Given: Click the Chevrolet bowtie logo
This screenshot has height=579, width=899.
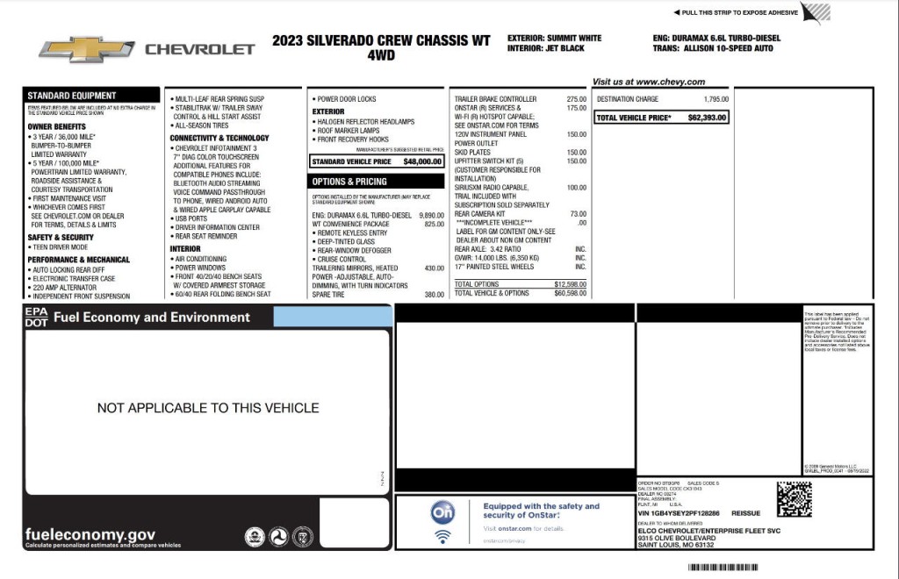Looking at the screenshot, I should pos(86,49).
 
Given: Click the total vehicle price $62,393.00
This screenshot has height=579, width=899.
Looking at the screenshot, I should pos(707,118).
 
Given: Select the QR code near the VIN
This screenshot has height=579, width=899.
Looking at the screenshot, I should pos(794,499).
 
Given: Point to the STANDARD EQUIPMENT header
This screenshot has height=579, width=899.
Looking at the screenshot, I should pos(72,96).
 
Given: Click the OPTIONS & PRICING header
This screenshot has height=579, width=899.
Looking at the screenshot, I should pos(349,182).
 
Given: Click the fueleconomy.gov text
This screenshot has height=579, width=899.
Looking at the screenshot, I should pos(90,534).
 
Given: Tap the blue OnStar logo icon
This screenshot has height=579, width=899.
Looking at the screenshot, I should pos(443,511).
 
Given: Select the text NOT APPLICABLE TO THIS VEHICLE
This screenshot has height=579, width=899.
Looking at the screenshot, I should pos(208,408).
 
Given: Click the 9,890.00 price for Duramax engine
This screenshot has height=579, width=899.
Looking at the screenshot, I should pos(431,215).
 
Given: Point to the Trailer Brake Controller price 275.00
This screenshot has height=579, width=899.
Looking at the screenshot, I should pos(576,99).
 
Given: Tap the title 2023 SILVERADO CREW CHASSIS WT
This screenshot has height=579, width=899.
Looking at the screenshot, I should pos(381,39).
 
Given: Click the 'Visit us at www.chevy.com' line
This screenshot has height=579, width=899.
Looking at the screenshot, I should pos(648,82).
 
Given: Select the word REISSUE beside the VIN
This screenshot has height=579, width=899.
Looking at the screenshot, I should pos(745,513).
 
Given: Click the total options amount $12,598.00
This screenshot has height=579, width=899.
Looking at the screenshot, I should pos(570,284).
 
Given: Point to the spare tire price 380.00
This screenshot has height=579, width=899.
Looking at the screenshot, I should pos(434,295).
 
